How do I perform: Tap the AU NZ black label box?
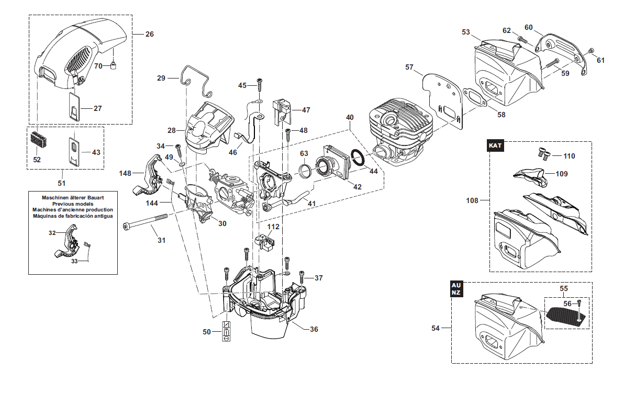click(456, 289)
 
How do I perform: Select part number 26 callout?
click(150, 34)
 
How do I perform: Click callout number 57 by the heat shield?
click(409, 67)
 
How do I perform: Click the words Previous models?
click(73, 204)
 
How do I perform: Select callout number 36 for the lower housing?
click(314, 329)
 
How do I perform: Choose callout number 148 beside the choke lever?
click(125, 173)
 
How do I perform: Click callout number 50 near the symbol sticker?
click(207, 331)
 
